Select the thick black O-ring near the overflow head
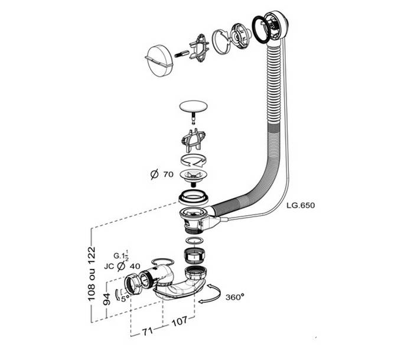point(259,30)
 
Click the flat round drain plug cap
point(194,108)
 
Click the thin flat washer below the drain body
point(193,241)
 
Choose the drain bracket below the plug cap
point(194,140)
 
